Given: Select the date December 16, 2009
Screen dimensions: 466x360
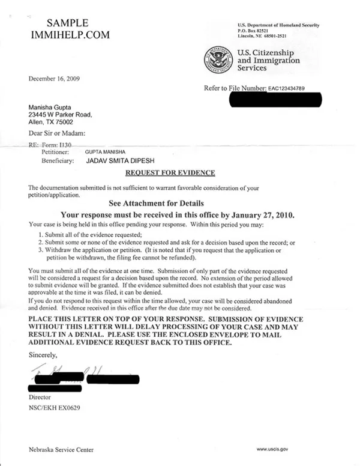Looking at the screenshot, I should [54, 79].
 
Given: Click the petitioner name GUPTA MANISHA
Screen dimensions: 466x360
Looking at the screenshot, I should [106, 153].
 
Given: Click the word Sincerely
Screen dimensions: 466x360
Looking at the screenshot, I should [44, 356].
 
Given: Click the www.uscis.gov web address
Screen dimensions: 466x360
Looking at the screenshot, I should [274, 449].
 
